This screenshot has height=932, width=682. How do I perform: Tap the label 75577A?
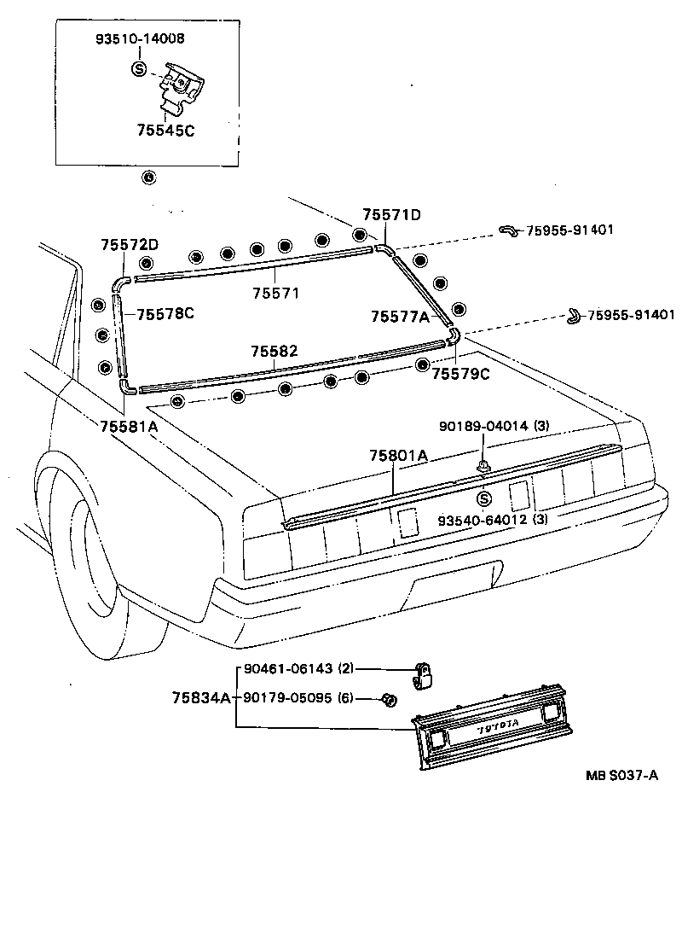tap(399, 316)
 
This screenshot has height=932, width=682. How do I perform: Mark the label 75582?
tap(274, 352)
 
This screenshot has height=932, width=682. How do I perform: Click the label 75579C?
tap(460, 373)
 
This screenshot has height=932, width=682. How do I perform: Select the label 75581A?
tap(129, 426)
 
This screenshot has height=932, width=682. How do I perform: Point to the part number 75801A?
tap(398, 456)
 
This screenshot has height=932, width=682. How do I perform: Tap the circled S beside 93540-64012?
tap(483, 499)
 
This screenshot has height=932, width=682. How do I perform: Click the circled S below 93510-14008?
tap(140, 69)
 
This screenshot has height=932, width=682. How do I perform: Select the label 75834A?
tap(201, 698)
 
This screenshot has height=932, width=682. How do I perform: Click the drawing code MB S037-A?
tap(621, 775)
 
